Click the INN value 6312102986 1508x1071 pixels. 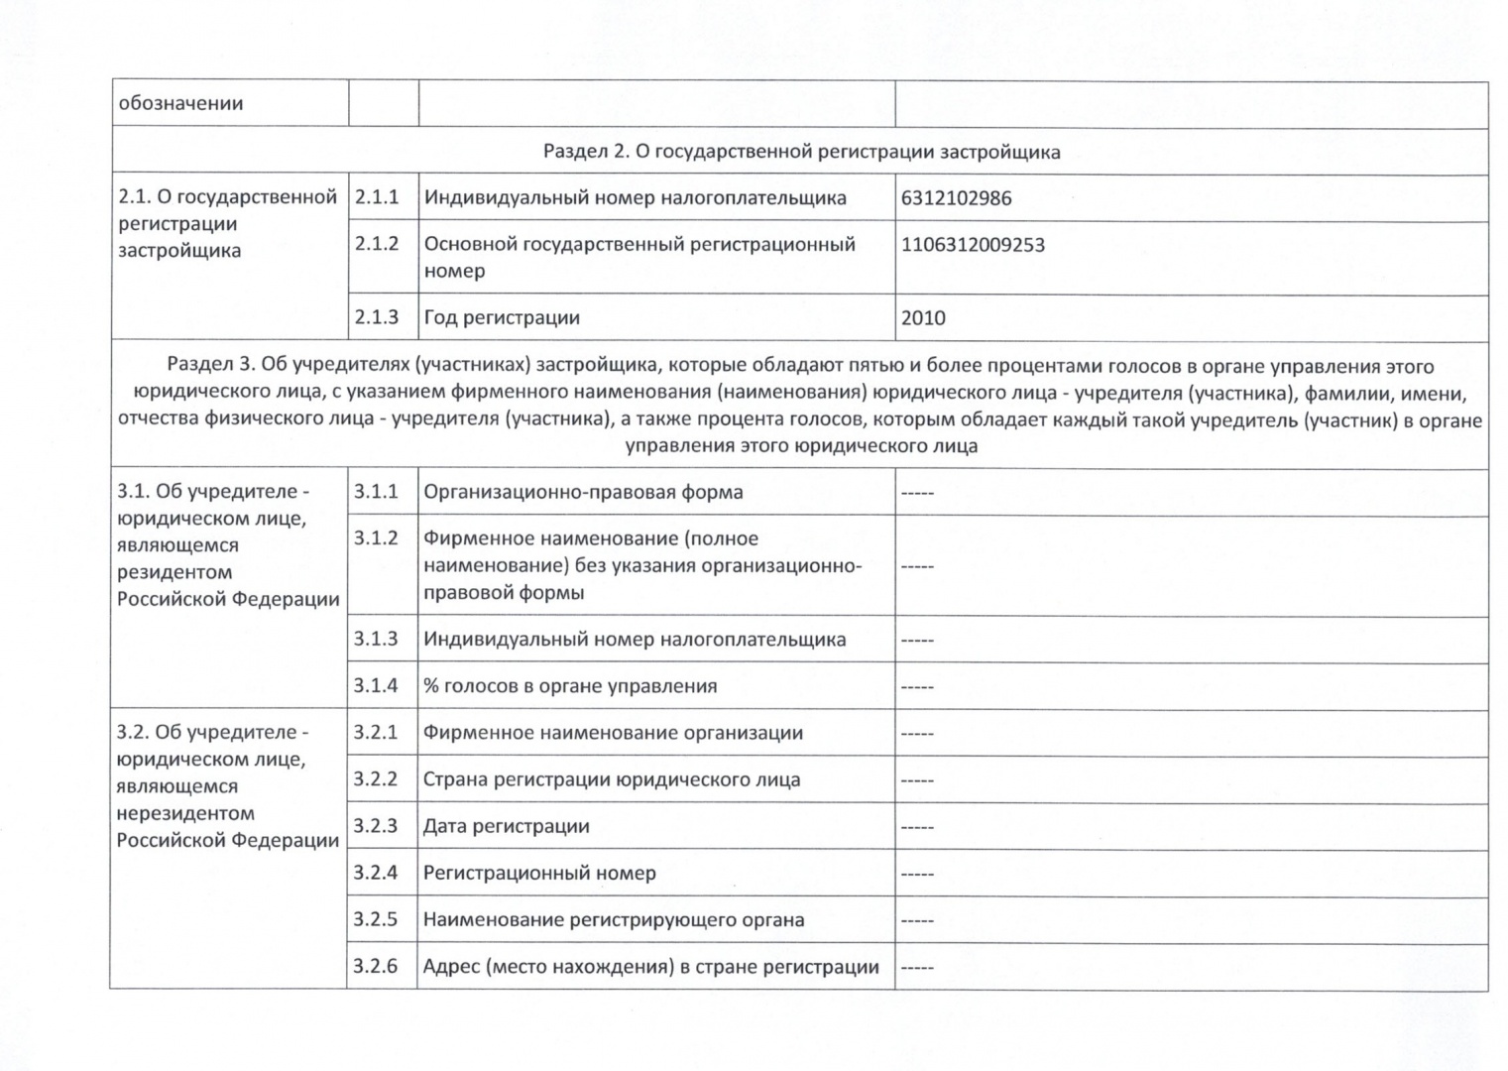[x=956, y=198]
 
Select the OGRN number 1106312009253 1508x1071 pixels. [x=973, y=245]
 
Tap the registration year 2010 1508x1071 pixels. [x=923, y=318]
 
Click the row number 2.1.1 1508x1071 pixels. [x=377, y=197]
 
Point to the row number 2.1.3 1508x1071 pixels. [x=377, y=317]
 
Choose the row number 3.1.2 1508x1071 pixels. [x=376, y=537]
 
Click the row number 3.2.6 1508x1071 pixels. [x=376, y=966]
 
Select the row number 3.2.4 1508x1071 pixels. [x=376, y=873]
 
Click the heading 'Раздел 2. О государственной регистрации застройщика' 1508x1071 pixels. [x=801, y=152]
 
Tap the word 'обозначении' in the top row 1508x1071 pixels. [x=180, y=103]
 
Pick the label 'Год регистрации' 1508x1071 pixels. [x=502, y=318]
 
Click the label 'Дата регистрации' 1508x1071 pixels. [x=506, y=826]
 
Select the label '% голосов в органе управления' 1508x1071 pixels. [x=570, y=686]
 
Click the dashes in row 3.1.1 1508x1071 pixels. [x=917, y=493]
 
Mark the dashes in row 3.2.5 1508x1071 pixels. [x=917, y=920]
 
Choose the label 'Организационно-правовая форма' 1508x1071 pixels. [x=583, y=492]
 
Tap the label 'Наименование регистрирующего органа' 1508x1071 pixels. [x=614, y=919]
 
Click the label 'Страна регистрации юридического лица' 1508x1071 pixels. [x=612, y=779]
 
